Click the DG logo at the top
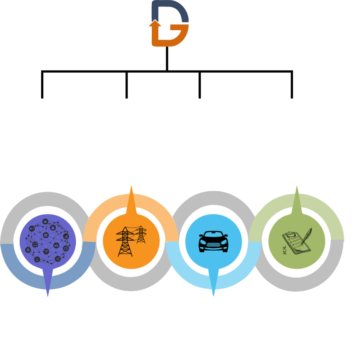point(170,24)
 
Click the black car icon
point(214,241)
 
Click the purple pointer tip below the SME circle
point(48,293)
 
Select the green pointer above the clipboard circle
point(297,198)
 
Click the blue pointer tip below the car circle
point(214,293)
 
